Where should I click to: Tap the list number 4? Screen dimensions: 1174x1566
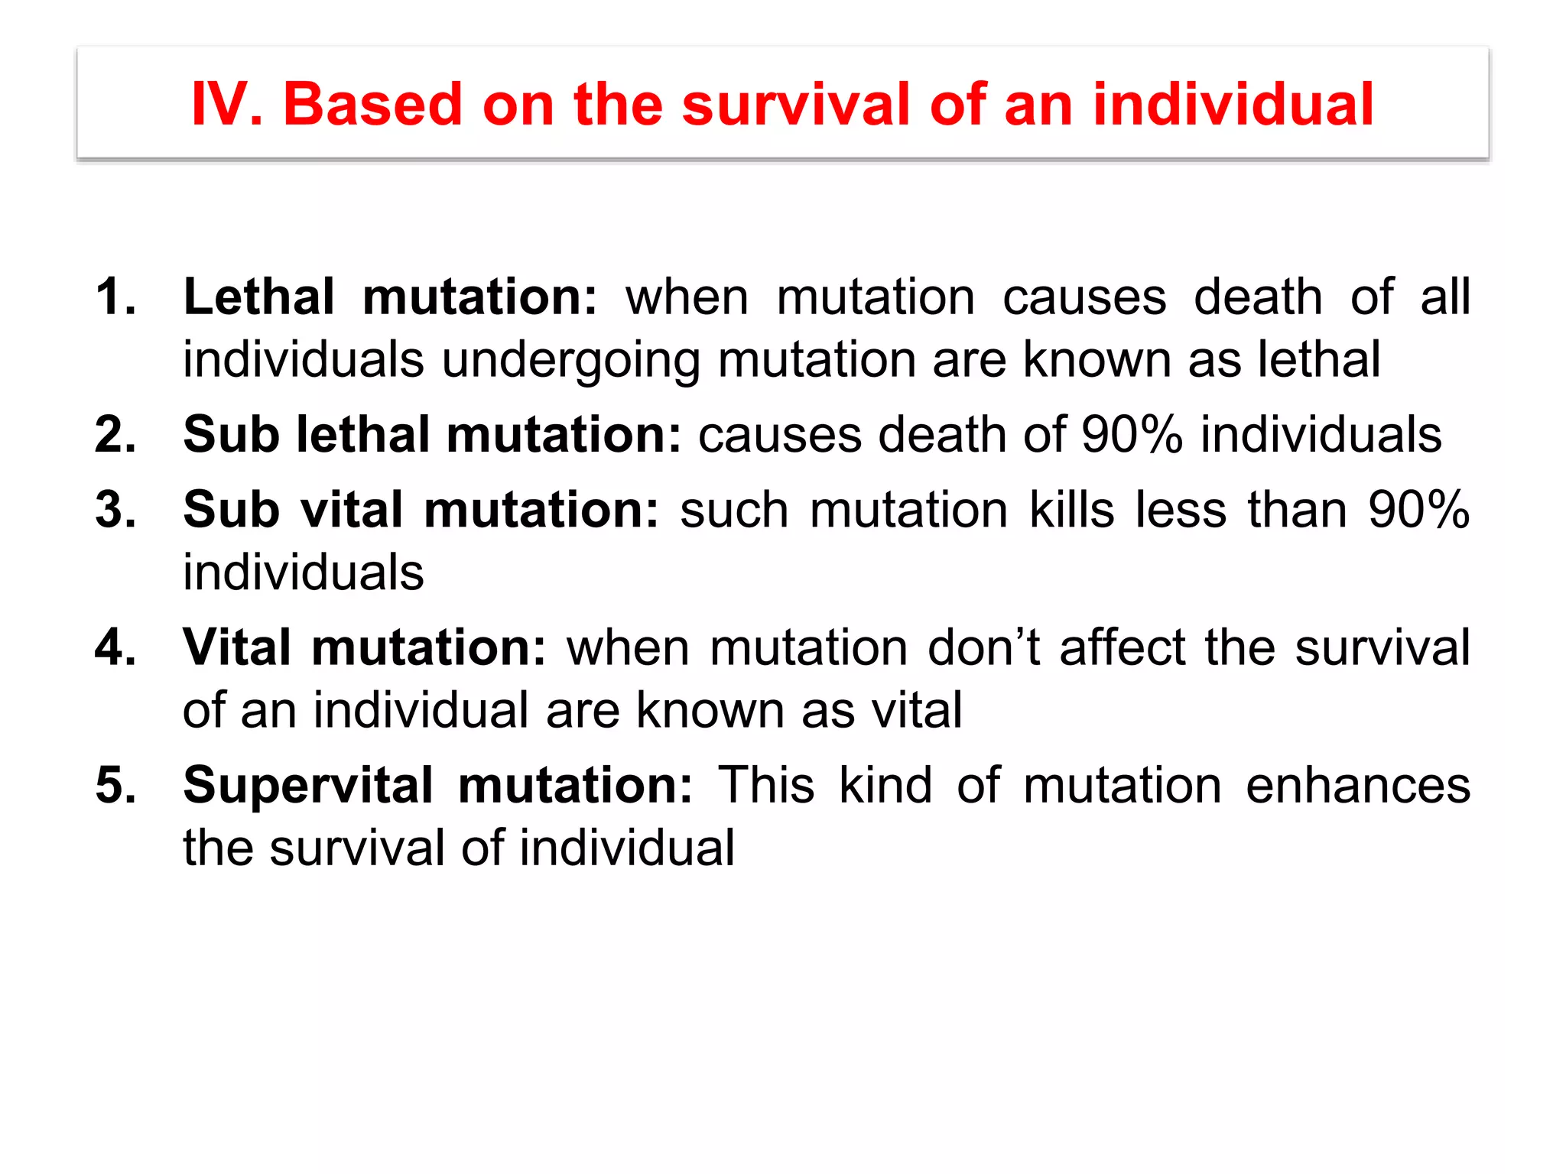pyautogui.click(x=115, y=647)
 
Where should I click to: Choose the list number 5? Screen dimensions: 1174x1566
pyautogui.click(x=115, y=785)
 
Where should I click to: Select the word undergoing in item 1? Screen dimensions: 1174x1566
pyautogui.click(x=570, y=361)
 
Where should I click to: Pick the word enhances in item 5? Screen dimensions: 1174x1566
pyautogui.click(x=1358, y=785)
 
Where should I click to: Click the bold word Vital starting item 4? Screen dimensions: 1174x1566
pyautogui.click(x=237, y=647)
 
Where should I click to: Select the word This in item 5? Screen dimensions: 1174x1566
pyautogui.click(x=766, y=785)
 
